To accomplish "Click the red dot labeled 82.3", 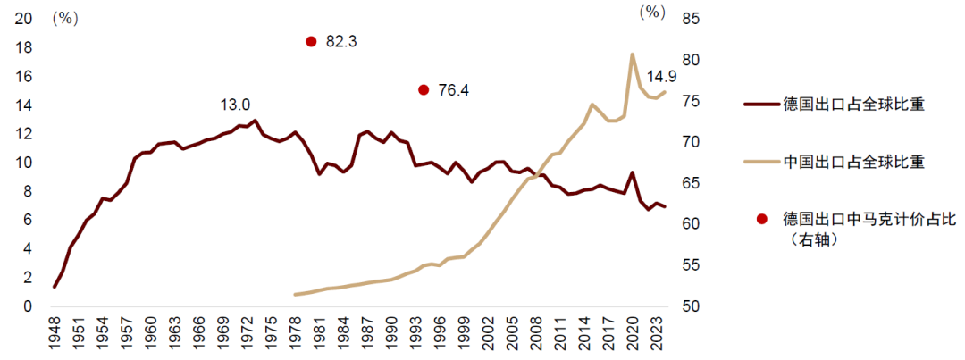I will (311, 41).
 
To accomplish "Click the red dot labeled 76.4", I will (424, 89).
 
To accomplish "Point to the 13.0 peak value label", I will (235, 105).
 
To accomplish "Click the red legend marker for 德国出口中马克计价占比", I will (761, 218).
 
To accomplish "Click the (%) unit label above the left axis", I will (67, 18).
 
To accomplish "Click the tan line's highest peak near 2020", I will (633, 54).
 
